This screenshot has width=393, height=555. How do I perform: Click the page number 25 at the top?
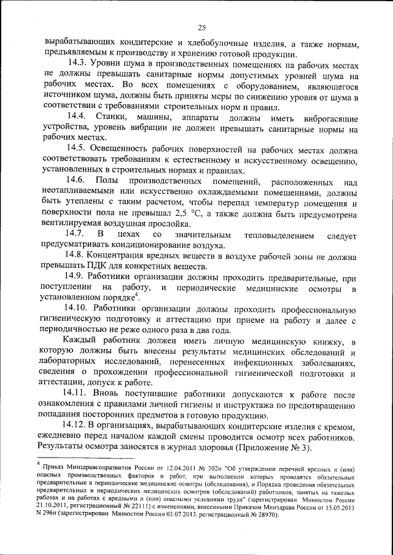pos(202,27)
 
